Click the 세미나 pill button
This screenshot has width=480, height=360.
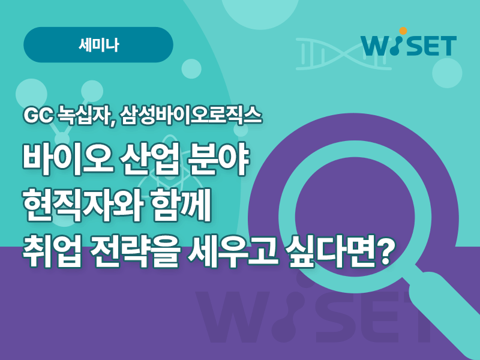98,44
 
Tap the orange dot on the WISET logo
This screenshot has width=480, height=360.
403,31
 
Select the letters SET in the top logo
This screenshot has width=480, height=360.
432,46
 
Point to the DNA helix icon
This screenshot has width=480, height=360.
343,54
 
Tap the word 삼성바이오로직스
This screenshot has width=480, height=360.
191,116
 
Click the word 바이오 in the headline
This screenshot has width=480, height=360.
67,160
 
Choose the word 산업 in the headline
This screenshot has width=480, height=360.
149,160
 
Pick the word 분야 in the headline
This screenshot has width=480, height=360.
217,160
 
